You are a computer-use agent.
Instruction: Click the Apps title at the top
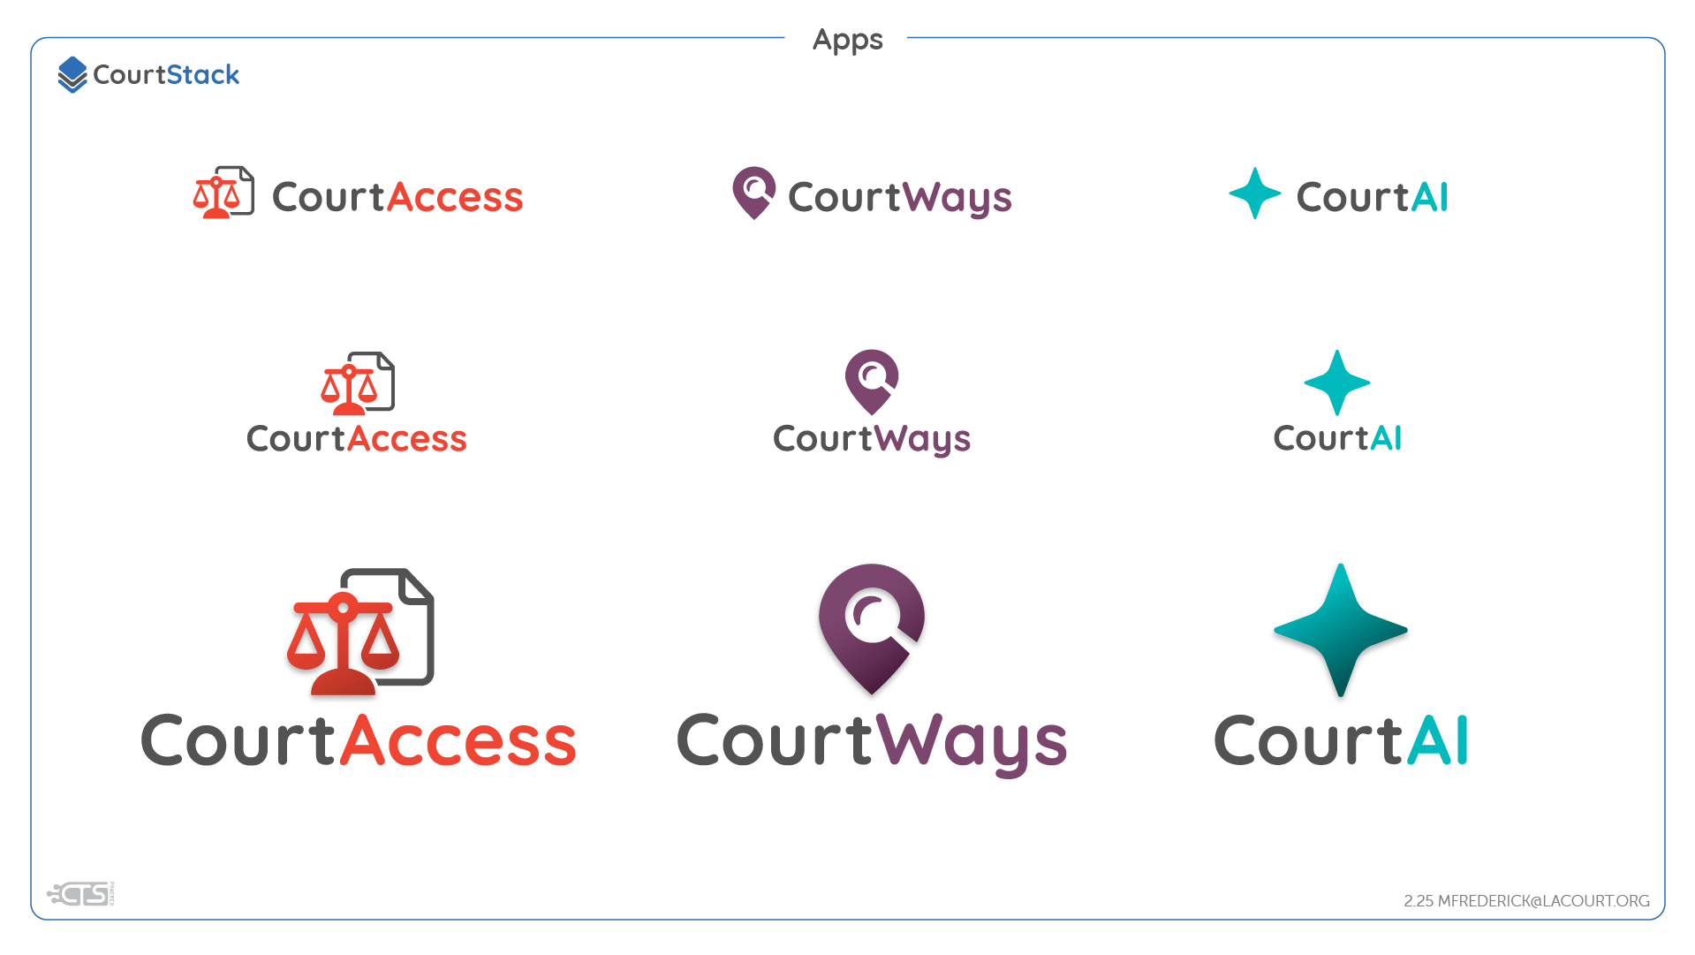pyautogui.click(x=847, y=40)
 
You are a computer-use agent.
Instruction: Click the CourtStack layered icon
pyautogui.click(x=72, y=75)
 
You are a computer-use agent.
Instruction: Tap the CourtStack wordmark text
pyautogui.click(x=166, y=75)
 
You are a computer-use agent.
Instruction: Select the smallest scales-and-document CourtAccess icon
pyautogui.click(x=223, y=193)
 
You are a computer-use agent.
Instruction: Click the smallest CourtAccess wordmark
pyautogui.click(x=397, y=197)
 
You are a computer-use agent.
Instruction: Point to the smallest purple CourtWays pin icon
pyautogui.click(x=753, y=192)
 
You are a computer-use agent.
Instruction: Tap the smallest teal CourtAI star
pyautogui.click(x=1254, y=193)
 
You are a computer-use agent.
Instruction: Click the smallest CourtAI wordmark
pyautogui.click(x=1372, y=197)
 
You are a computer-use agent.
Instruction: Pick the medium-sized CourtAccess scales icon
pyautogui.click(x=358, y=383)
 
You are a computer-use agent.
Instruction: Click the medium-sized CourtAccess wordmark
pyautogui.click(x=357, y=438)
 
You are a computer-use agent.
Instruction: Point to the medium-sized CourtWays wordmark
pyautogui.click(x=872, y=439)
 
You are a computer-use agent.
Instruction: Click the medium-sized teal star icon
pyautogui.click(x=1337, y=383)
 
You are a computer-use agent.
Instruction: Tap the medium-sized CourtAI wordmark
pyautogui.click(x=1337, y=438)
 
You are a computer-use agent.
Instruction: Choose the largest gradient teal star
pyautogui.click(x=1340, y=630)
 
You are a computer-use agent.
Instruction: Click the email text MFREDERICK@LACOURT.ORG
pyautogui.click(x=1543, y=901)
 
